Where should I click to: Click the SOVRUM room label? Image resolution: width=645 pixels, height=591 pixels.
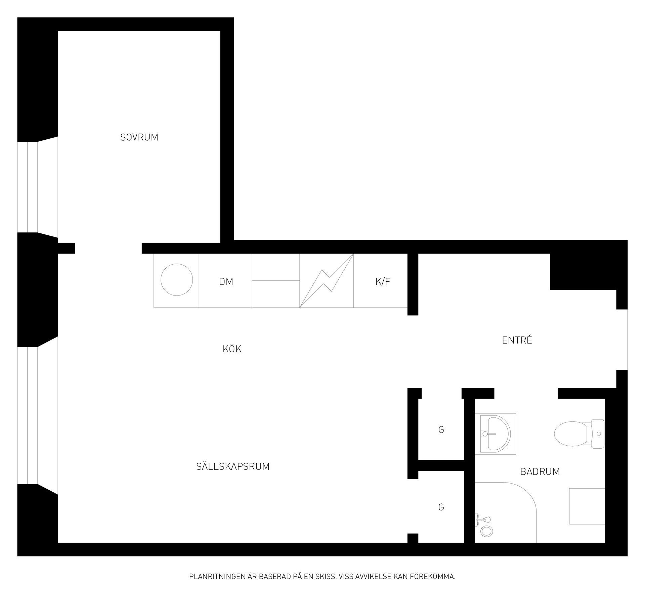[x=139, y=137]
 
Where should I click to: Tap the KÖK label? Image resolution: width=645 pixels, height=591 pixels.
[x=232, y=349]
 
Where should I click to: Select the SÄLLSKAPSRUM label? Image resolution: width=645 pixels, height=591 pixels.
[x=233, y=466]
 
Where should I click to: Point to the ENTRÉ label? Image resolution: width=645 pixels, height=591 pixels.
[x=517, y=340]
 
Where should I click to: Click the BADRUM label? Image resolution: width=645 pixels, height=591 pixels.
[x=540, y=471]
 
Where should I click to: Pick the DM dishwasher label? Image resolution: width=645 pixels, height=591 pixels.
[x=226, y=282]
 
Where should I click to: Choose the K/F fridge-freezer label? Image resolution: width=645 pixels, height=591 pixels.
[x=383, y=282]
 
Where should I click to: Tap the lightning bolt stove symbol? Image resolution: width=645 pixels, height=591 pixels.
[x=327, y=280]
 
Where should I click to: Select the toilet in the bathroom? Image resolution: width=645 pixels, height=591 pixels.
[x=579, y=434]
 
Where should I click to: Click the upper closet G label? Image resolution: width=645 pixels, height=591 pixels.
[x=441, y=429]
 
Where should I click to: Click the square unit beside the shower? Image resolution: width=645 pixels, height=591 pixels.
[x=587, y=506]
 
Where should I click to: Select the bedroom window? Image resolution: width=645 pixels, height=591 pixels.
[x=38, y=187]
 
